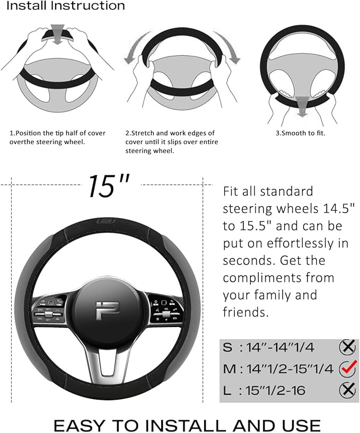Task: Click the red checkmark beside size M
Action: pos(349,367)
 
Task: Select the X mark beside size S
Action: pos(347,347)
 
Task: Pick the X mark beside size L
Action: pos(347,390)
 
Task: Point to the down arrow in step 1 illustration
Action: pos(58,32)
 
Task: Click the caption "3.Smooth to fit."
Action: pos(300,133)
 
